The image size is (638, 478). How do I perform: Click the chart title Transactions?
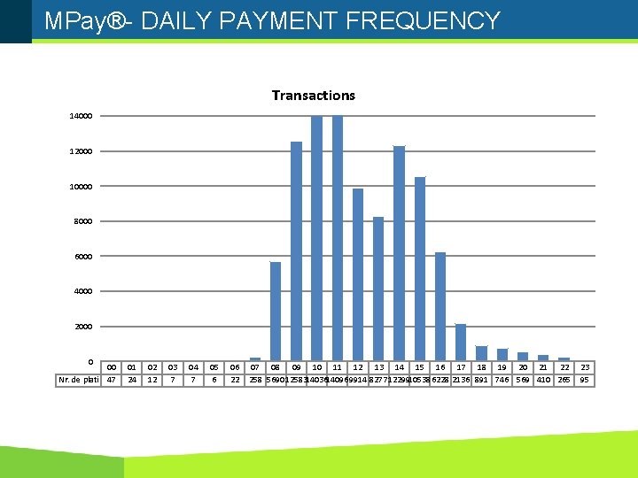click(313, 96)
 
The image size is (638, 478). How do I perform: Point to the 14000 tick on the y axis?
click(82, 116)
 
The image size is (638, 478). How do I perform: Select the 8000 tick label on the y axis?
click(83, 221)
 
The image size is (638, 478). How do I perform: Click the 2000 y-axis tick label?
click(83, 327)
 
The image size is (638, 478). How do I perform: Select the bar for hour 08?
click(276, 310)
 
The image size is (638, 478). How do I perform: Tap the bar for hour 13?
click(378, 288)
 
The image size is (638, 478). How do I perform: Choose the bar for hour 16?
click(440, 305)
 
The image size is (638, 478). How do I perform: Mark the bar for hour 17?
click(461, 342)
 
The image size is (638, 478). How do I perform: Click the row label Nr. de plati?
click(77, 380)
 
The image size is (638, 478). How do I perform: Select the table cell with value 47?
click(111, 380)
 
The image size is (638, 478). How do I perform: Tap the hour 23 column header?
click(585, 366)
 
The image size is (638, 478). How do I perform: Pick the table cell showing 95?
click(585, 380)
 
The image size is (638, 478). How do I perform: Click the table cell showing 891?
click(481, 380)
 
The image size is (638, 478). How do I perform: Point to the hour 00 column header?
click(111, 366)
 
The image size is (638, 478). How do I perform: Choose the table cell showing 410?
click(543, 380)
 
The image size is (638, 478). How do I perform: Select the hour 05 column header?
click(214, 366)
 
